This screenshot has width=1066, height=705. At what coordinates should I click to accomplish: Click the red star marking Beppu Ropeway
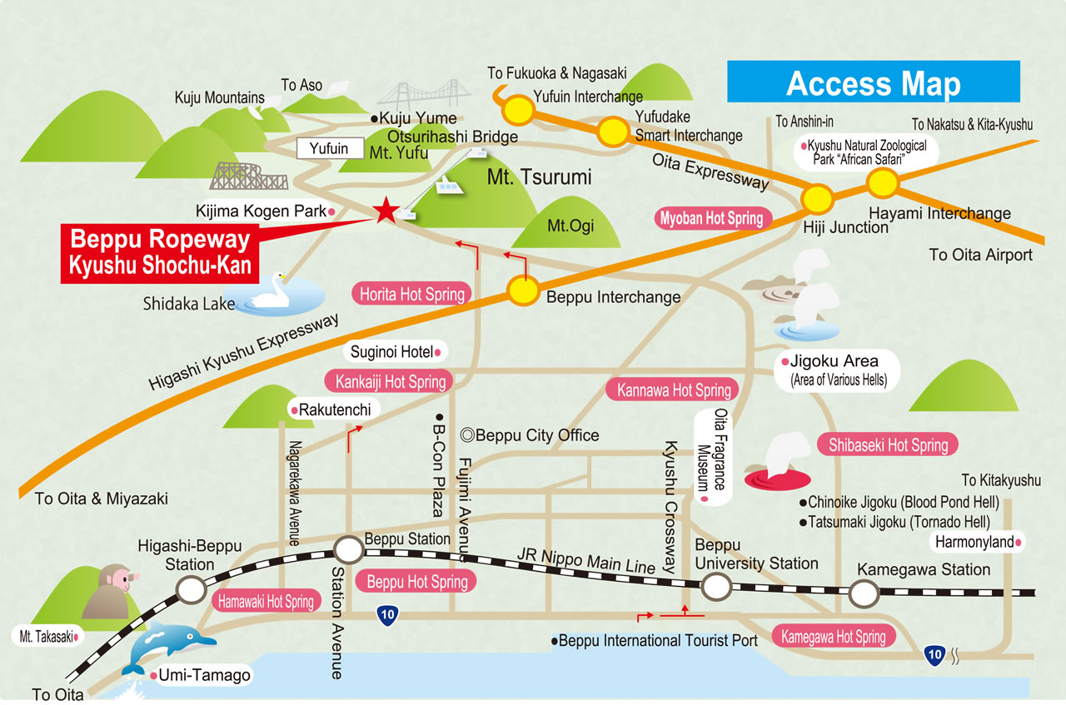385,211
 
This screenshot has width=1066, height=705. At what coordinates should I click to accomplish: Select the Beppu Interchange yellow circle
524,290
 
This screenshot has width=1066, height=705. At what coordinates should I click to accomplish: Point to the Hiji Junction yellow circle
817,199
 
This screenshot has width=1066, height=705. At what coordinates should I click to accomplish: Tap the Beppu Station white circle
348,549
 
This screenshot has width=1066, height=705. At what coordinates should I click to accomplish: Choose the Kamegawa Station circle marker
864,593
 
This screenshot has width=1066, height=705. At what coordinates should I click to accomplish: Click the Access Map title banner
874,82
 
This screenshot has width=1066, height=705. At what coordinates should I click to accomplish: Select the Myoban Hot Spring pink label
712,218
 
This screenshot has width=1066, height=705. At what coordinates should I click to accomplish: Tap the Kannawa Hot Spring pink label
675,390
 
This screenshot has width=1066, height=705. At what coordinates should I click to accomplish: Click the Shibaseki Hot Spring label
888,444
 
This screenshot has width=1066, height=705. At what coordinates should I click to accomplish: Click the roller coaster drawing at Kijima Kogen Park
251,176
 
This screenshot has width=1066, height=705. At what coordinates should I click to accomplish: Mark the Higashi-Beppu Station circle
192,590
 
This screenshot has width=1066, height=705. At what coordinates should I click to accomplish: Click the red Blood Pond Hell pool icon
779,479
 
